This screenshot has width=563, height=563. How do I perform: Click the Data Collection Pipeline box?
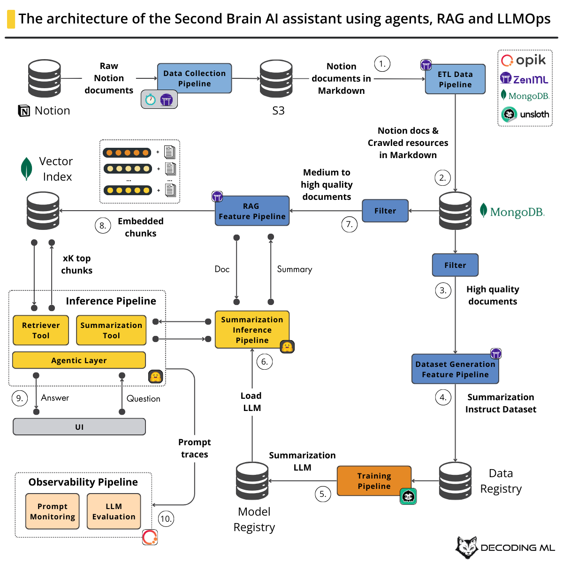(x=194, y=78)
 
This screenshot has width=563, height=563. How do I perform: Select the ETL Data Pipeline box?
(x=455, y=79)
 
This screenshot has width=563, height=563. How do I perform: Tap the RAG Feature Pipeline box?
(x=252, y=211)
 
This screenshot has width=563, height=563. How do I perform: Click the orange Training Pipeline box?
(x=374, y=481)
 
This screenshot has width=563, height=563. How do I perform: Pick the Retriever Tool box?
(x=41, y=330)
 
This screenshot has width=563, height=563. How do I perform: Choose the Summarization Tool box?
(x=111, y=330)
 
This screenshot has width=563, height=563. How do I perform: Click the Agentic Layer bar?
(x=79, y=360)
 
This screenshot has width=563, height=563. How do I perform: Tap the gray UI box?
(x=79, y=427)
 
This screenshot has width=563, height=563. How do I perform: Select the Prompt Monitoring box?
(x=53, y=511)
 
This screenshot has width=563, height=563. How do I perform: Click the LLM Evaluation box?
(x=114, y=511)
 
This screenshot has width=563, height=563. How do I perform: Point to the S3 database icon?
(x=276, y=78)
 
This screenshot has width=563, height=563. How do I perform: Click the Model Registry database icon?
(x=252, y=481)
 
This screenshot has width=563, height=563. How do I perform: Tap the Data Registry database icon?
(x=455, y=481)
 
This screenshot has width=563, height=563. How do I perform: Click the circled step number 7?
(x=349, y=224)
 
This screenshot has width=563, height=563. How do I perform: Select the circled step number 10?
(x=166, y=518)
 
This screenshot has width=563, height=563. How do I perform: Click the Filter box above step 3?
(x=455, y=265)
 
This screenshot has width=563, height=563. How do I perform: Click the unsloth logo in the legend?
(x=525, y=114)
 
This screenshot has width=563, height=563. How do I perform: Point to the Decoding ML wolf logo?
(x=467, y=548)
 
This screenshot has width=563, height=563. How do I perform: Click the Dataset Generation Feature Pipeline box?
(x=455, y=369)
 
